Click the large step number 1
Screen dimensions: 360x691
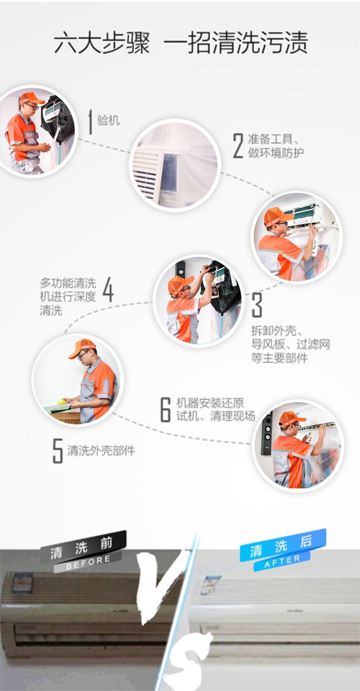90,122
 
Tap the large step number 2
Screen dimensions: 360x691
238,145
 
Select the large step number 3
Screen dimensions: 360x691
257,305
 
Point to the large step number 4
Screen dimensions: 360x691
108,289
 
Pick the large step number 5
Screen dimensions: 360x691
58,451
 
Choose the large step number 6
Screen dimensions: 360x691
166,409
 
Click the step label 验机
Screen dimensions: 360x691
108,120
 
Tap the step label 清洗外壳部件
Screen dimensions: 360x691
101,451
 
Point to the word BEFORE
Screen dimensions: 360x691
88,563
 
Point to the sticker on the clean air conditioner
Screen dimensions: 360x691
210,584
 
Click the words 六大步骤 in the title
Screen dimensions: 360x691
102,43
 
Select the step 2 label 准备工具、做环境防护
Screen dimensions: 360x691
276,145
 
